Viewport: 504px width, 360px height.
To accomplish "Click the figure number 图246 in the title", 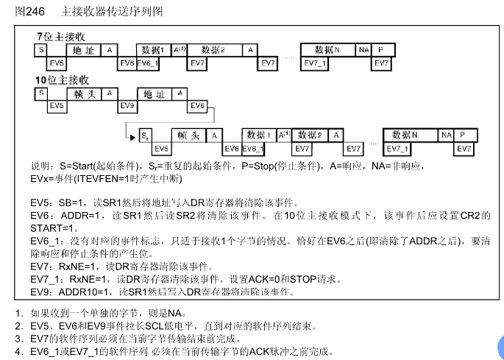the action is point(20,12).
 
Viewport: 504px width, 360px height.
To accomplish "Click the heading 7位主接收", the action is point(61,37).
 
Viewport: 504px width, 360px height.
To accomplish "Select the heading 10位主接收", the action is point(63,80).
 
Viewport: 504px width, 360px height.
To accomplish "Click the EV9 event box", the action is point(127,106).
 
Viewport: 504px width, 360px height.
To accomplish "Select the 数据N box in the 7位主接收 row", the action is point(327,50).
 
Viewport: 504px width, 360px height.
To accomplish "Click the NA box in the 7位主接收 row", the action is point(363,50).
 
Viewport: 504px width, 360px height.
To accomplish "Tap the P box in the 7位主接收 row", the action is point(380,50).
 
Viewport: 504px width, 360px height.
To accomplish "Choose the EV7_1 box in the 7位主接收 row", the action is point(316,63).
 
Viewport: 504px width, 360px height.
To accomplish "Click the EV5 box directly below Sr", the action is point(163,149).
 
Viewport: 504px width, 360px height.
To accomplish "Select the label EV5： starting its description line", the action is point(41,202).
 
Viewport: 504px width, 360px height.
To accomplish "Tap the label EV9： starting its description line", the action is point(41,292).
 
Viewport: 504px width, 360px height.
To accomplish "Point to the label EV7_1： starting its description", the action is point(46,280).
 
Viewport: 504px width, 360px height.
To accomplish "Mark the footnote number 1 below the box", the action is point(19,312).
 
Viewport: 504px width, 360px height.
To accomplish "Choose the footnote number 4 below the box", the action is point(19,352).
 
